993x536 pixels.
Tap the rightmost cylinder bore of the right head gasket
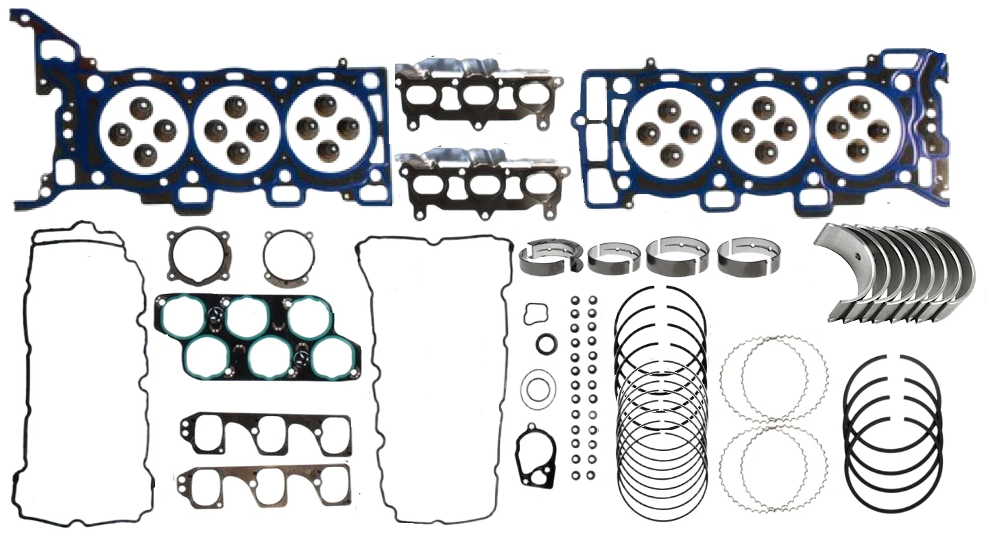pos(859,128)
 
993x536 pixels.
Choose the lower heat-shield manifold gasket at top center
pos(483,182)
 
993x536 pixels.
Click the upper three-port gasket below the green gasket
pos(266,433)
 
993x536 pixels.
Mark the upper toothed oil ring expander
pos(774,378)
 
